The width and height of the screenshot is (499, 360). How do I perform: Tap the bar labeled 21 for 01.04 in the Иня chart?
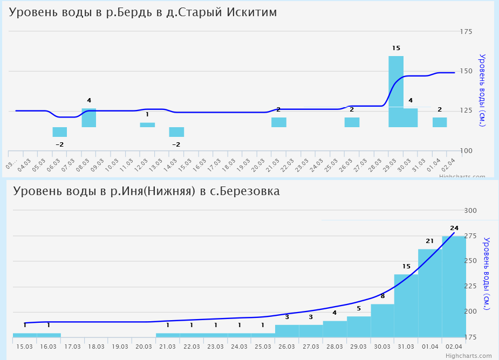click(430, 294)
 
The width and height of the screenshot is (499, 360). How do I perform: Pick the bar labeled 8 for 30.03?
click(382, 321)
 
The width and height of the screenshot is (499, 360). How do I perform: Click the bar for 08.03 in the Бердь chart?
click(89, 117)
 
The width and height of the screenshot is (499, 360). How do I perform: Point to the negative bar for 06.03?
click(60, 132)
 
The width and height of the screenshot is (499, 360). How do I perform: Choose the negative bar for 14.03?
click(176, 132)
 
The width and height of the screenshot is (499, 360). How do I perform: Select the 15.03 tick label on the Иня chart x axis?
click(25, 346)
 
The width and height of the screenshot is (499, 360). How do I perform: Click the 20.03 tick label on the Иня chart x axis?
click(143, 346)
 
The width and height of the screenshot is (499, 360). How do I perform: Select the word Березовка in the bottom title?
click(250, 191)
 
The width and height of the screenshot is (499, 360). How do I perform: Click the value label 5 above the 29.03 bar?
click(359, 309)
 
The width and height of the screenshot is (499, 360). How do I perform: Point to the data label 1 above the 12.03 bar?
click(147, 114)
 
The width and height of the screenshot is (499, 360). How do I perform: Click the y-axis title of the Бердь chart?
click(482, 91)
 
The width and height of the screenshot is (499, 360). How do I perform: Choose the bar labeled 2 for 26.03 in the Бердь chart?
click(352, 122)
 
